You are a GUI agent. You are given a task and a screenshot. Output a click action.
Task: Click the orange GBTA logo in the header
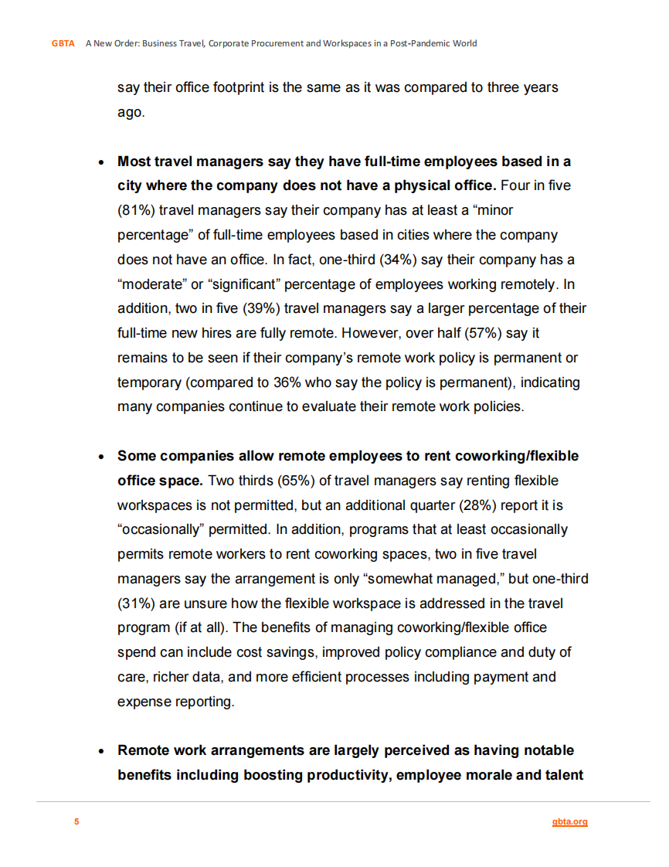63,43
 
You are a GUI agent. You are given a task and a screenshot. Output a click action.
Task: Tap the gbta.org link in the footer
570,821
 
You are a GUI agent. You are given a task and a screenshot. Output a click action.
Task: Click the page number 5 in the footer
76,821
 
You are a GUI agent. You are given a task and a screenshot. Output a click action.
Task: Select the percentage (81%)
136,210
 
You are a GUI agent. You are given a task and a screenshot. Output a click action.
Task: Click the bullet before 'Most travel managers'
101,163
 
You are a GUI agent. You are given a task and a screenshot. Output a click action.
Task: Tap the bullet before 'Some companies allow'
101,457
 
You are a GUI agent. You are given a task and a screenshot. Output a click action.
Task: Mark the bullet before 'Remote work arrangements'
101,751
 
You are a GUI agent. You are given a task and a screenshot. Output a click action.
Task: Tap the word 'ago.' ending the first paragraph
131,112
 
